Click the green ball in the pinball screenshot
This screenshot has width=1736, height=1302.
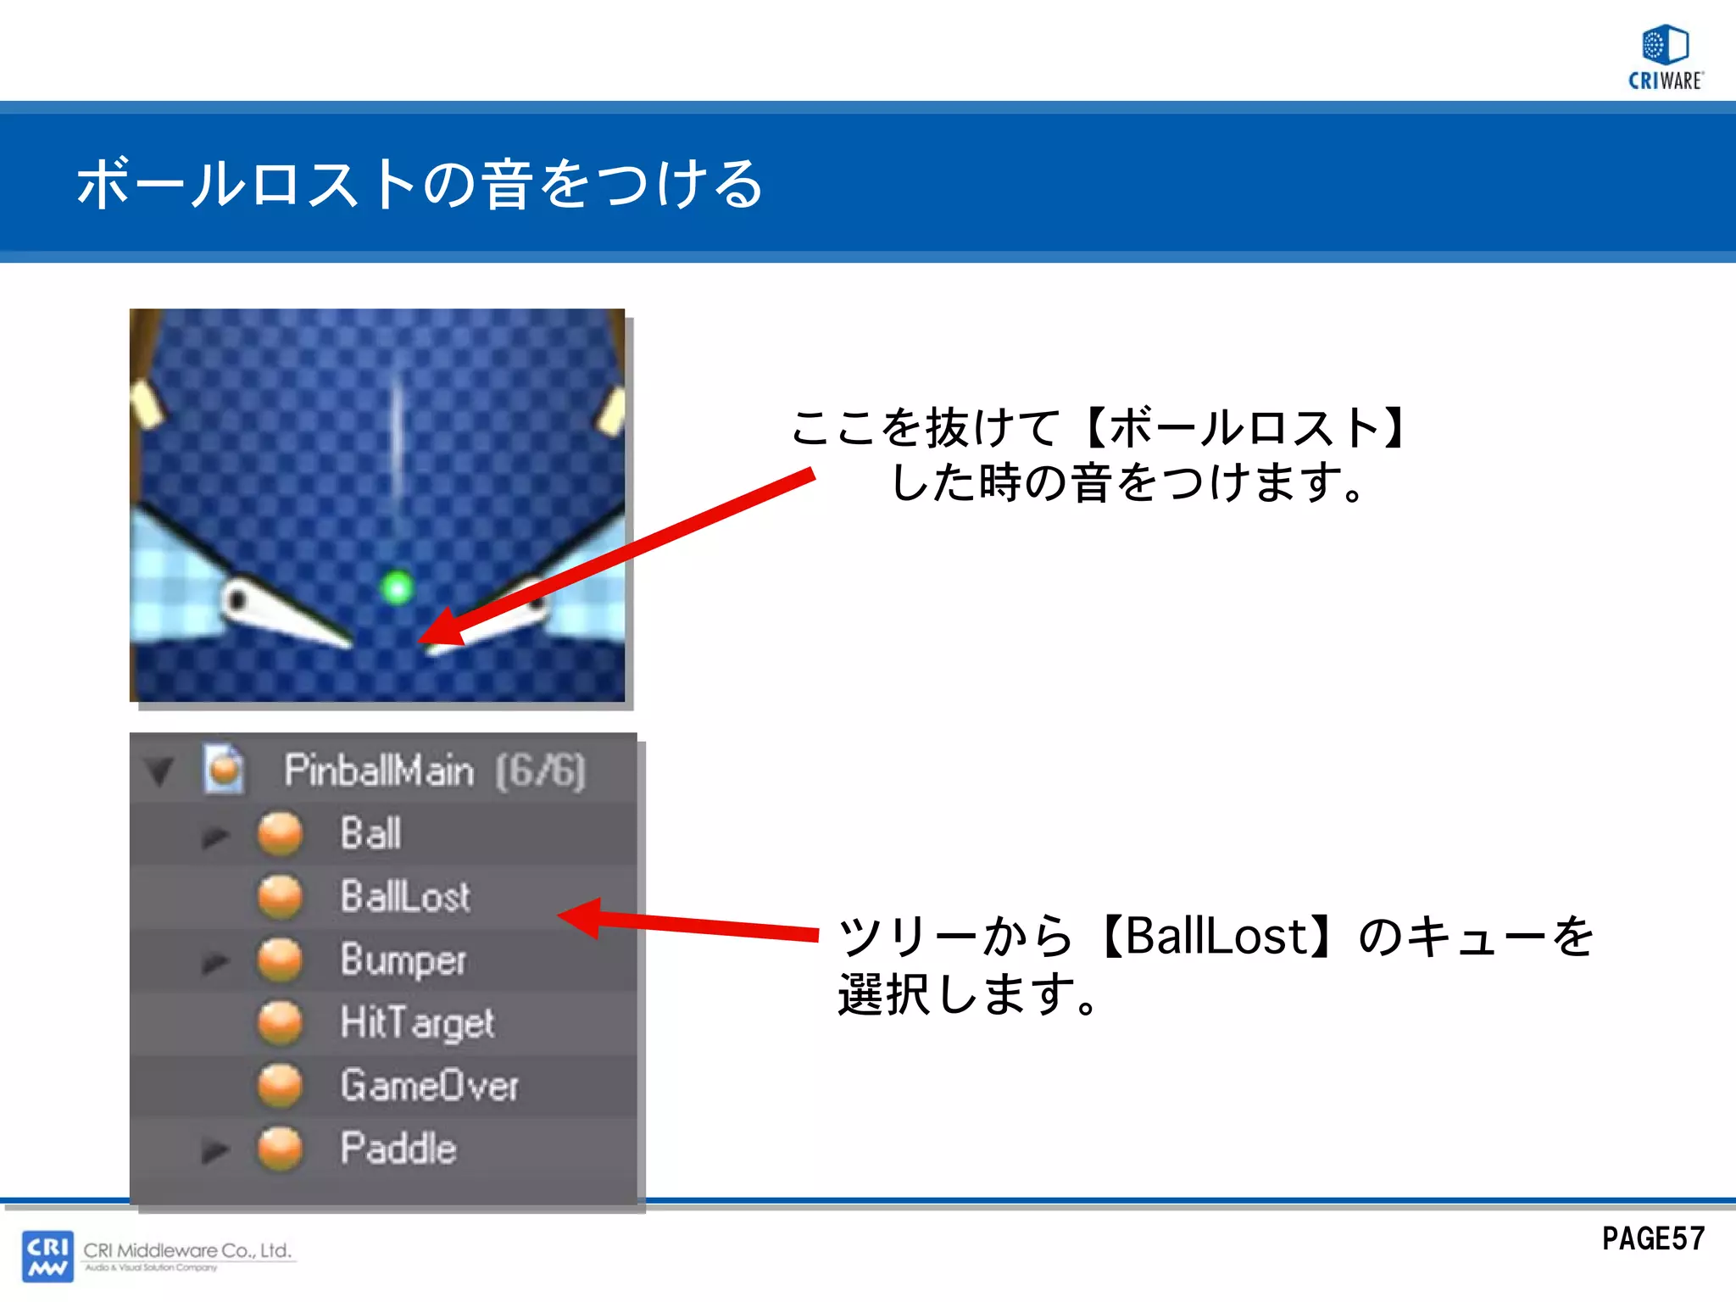(397, 587)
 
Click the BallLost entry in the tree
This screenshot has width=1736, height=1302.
(405, 897)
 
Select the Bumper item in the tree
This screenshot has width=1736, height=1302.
(403, 960)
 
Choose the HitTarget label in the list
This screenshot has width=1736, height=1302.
(417, 1023)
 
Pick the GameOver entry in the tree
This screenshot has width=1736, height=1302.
(429, 1086)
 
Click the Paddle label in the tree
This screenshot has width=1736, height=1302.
(398, 1149)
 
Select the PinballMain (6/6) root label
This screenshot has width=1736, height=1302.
(434, 771)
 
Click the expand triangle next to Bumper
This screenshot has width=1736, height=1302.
(215, 962)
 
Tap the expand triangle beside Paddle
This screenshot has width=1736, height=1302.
(215, 1150)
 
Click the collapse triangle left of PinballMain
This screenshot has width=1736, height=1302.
(159, 771)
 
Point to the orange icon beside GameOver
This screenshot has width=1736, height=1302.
(280, 1086)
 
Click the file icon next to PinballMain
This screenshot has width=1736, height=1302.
(224, 770)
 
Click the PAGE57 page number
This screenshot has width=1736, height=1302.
(1653, 1239)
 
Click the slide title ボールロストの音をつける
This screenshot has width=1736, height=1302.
(420, 183)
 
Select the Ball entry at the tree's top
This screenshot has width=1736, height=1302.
(370, 833)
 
